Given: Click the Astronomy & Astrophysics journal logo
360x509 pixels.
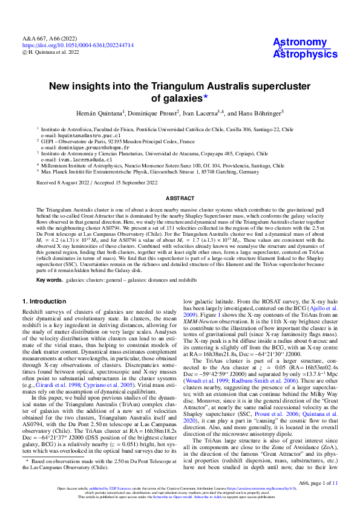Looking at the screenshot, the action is coord(305,48).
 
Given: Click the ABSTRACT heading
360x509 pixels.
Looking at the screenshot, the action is coord(180,198).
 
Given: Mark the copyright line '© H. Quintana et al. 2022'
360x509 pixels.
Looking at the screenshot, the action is coord(51,52).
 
